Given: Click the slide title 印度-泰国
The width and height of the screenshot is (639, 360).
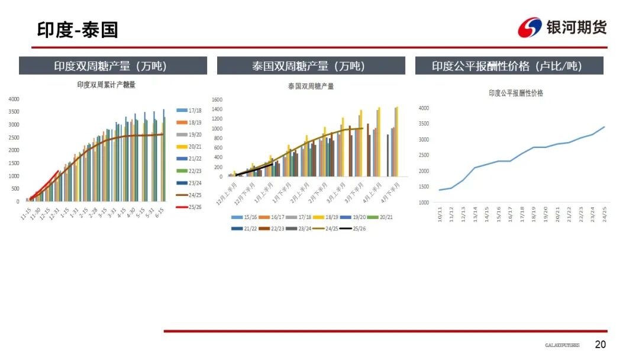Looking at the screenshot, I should [78, 29].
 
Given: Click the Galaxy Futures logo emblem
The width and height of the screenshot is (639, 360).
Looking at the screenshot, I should [530, 27].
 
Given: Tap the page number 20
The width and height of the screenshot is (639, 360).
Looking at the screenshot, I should [600, 345].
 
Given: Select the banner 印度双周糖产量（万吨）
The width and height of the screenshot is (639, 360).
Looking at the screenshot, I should [113, 66].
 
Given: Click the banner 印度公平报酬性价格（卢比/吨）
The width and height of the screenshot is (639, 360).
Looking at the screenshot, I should [509, 66].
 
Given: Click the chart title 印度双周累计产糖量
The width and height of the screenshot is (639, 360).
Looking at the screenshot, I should [106, 85].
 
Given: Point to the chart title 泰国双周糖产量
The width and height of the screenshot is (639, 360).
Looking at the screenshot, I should [311, 86].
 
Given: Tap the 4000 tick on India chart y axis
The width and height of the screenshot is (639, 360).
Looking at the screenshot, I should [14, 99].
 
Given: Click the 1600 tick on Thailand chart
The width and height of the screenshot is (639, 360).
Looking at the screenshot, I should [217, 100].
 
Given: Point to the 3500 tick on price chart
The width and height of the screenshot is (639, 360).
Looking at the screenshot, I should [424, 124].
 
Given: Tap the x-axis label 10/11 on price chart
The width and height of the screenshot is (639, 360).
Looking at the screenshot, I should [440, 214].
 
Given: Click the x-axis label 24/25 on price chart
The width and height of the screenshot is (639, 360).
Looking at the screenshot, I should [604, 214].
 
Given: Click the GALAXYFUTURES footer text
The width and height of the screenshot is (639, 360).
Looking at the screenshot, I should [562, 345].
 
